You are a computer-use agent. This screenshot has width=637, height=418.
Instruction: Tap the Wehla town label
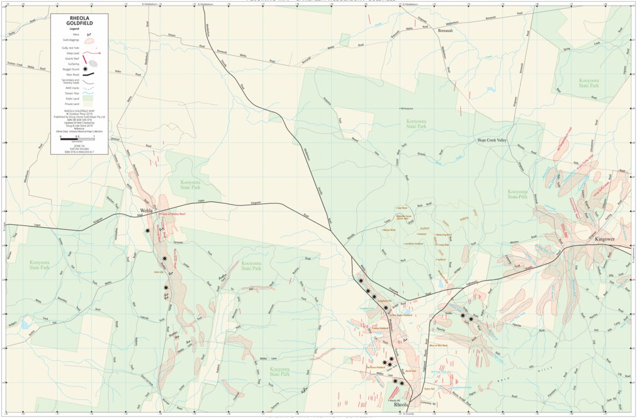(146, 211)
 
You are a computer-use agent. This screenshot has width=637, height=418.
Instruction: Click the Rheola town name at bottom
(401, 405)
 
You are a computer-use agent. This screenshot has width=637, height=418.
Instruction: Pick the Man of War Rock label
(439, 346)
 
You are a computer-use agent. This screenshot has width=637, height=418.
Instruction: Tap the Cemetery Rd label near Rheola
(427, 403)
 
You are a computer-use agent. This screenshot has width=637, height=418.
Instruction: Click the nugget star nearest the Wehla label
(147, 230)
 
